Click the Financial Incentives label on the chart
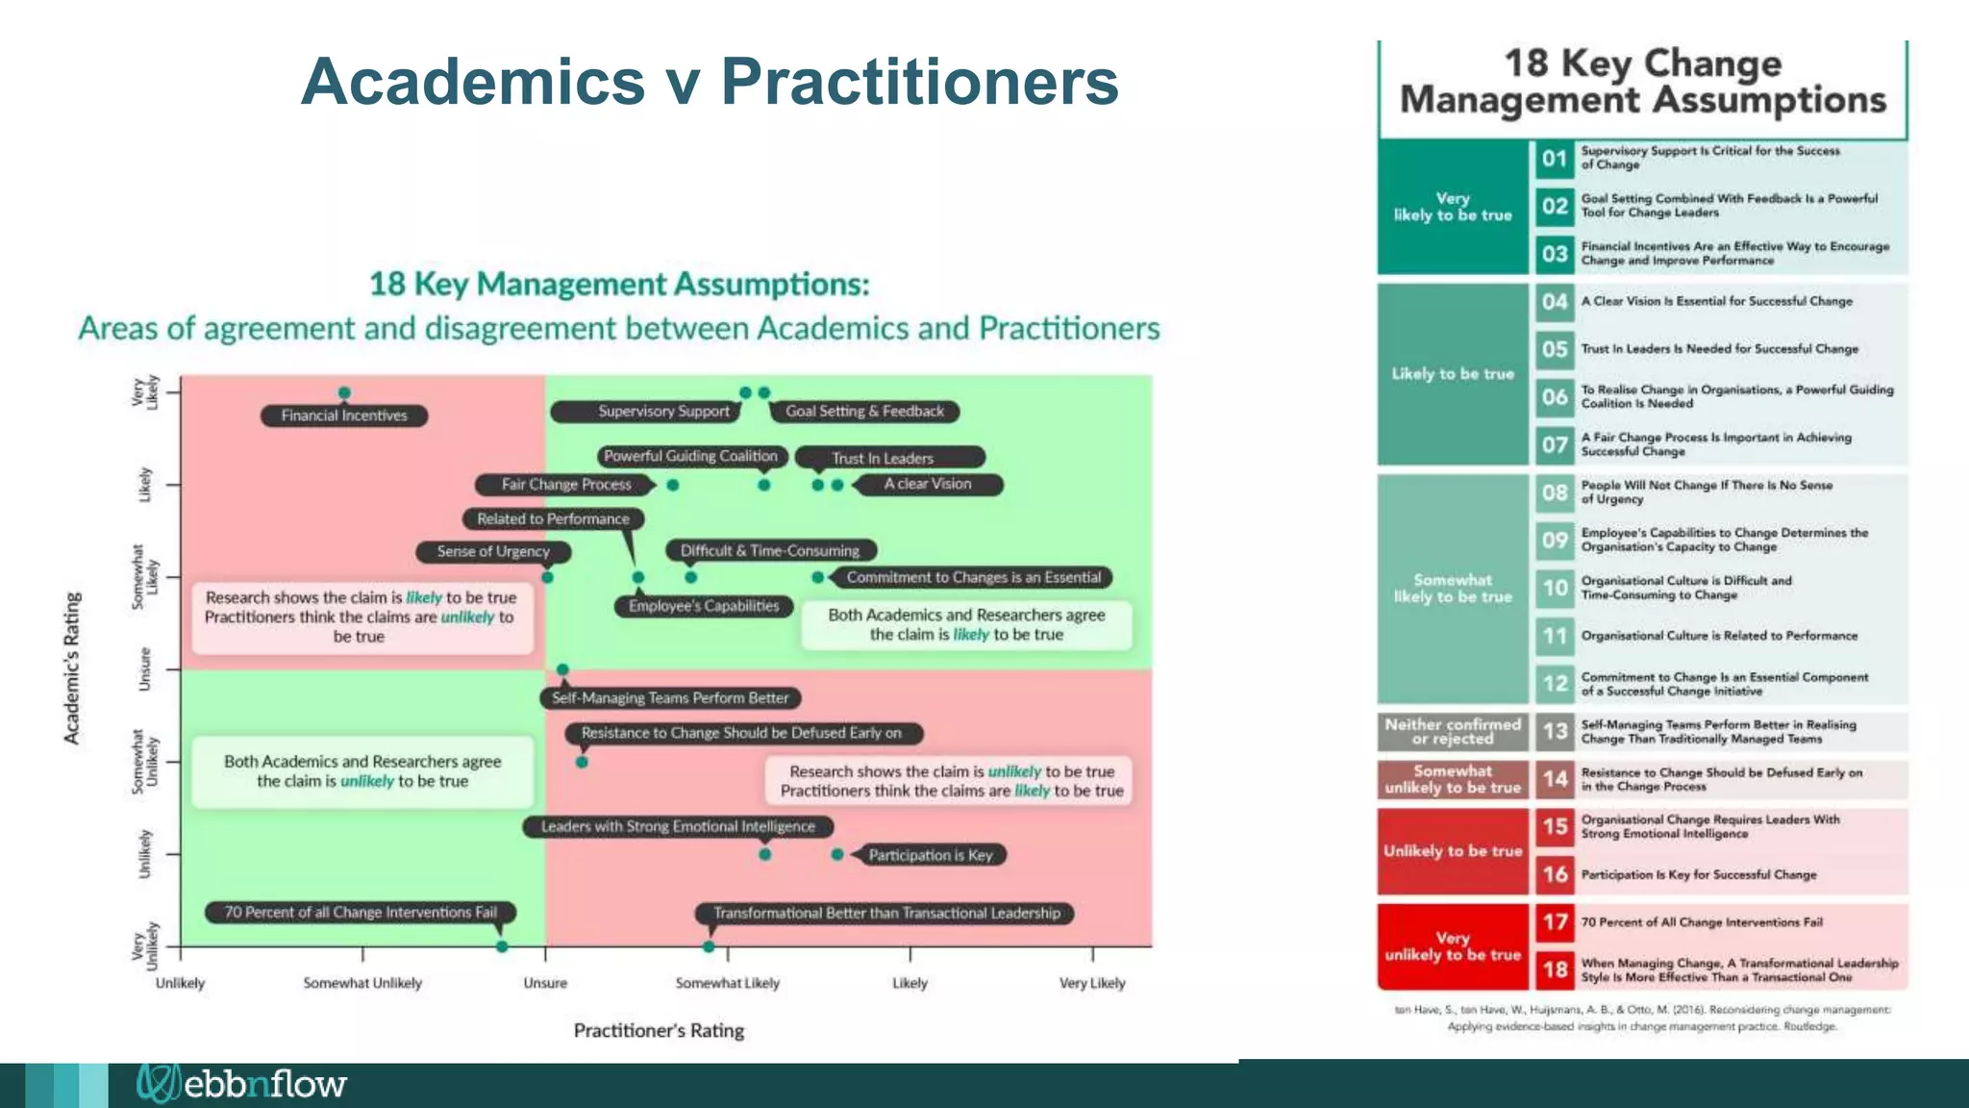coord(344,415)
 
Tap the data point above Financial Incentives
coord(344,392)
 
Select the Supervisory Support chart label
coord(663,412)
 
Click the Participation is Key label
coord(930,855)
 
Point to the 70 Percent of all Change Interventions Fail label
coord(361,912)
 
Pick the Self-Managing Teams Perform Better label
coord(669,698)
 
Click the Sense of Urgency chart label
coord(493,552)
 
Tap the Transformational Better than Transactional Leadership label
coord(886,913)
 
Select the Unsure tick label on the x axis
coord(545,983)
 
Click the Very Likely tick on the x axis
coord(1092,983)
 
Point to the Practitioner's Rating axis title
coord(659,1030)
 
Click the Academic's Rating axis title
coord(72,667)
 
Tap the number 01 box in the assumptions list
coord(1555,159)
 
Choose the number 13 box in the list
coord(1555,732)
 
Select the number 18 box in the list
coord(1555,969)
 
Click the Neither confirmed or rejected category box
coord(1453,732)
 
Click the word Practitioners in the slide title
coord(919,81)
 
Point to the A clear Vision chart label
coord(927,484)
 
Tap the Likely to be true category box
coord(1453,373)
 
